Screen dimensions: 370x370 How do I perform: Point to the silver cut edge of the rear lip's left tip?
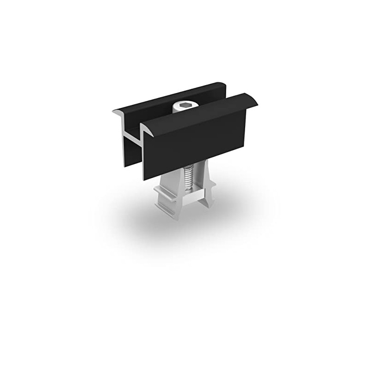click(x=116, y=111)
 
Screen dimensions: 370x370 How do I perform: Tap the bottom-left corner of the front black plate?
click(x=144, y=178)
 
